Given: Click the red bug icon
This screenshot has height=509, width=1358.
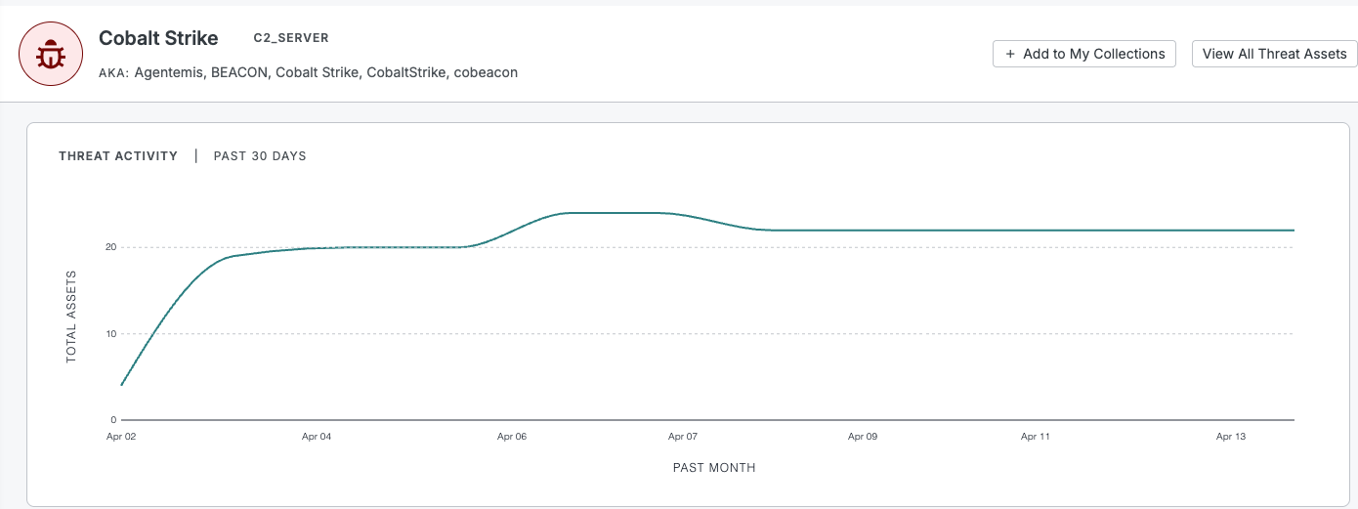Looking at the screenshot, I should coord(51,54).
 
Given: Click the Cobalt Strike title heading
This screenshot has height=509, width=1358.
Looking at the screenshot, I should coord(158,38).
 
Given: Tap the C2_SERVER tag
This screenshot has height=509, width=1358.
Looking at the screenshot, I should coord(291,38).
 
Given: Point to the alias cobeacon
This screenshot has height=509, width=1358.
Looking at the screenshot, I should coord(486,72).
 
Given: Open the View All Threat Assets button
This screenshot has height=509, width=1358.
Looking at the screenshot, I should coord(1274,54).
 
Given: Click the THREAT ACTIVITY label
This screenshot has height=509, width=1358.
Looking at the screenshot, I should coord(118,156).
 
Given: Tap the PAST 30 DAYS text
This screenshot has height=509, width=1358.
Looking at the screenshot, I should coord(260,156).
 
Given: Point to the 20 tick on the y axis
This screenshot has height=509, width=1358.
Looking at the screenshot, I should coord(111,247).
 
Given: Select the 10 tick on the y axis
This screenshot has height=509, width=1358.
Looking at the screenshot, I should coord(111,334).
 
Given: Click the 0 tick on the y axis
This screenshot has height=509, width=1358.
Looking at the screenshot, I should coord(113,420).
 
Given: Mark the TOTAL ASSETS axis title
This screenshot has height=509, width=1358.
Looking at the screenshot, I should coord(71,317).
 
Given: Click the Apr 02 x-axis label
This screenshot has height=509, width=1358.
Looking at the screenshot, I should coord(121,437).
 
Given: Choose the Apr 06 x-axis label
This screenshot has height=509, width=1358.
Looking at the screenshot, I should coord(512,437).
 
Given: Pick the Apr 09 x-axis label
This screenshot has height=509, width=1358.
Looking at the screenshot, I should coord(863,437).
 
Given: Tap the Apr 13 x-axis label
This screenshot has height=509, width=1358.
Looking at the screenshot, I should coord(1231,437).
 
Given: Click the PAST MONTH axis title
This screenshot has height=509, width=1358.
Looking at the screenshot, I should coord(714,468).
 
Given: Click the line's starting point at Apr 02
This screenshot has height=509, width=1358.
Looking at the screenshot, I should coord(121,385).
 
